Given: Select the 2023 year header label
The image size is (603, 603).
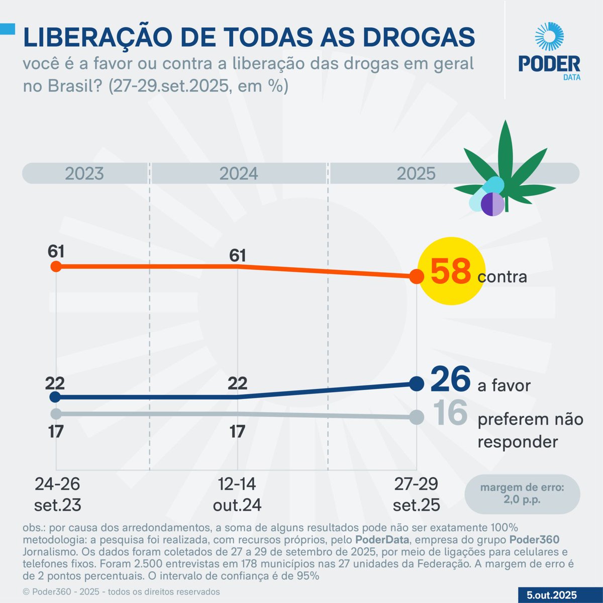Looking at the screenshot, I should [x=84, y=174].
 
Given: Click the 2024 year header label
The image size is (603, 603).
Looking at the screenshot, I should [x=238, y=174].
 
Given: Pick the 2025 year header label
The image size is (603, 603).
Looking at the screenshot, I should [x=416, y=174].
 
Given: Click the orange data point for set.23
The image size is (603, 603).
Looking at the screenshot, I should [x=56, y=266].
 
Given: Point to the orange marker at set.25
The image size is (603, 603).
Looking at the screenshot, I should [x=416, y=276].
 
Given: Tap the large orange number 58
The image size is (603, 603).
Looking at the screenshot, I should [x=450, y=272].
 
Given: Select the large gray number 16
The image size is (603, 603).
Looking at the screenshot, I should [x=450, y=413].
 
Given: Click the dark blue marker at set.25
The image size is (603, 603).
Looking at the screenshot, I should [x=416, y=384].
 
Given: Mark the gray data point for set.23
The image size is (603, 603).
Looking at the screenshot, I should [x=56, y=414].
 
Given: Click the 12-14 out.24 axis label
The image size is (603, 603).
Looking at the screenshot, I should [x=237, y=494].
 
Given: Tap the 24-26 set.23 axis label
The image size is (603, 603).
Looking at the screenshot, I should [x=57, y=494].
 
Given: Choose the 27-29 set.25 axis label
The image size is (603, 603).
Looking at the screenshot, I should [x=416, y=494].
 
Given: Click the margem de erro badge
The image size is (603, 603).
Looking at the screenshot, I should [x=522, y=493].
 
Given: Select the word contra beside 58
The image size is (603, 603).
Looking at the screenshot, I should [x=502, y=277].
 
